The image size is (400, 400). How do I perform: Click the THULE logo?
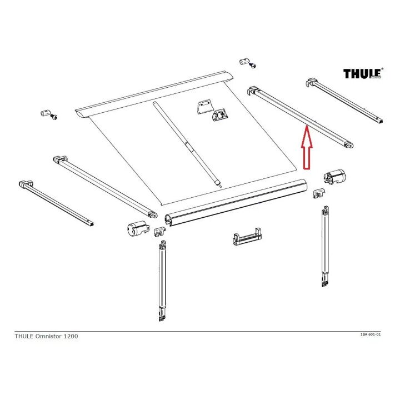[x=363, y=73]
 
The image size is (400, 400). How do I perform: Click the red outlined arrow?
[x=307, y=147]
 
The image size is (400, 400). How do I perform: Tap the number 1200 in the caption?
[x=71, y=336]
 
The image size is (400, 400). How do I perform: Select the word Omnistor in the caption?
[x=48, y=336]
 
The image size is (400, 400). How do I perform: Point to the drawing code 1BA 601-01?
[x=371, y=334]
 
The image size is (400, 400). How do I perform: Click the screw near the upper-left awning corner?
[x=54, y=117]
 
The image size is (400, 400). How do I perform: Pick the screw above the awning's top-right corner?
[x=253, y=66]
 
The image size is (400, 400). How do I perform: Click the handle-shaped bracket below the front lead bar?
[x=247, y=237]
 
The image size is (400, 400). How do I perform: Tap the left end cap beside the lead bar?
[x=137, y=228]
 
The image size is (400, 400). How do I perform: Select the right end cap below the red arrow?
[x=334, y=176]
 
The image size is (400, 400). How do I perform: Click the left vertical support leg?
[x=162, y=281]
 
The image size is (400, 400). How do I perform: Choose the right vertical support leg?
[x=325, y=247]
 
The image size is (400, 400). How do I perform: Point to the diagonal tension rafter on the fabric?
[x=187, y=144]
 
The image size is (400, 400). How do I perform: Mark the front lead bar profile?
[x=236, y=202]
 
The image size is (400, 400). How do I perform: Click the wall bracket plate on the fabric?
[x=205, y=107]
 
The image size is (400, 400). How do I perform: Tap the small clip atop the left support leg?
[x=159, y=231]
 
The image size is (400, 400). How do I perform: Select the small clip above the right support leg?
[x=319, y=193]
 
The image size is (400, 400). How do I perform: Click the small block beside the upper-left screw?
[x=44, y=113]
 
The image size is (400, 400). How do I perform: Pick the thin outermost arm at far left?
[x=56, y=203]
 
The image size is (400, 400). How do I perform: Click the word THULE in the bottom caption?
[x=24, y=336]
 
